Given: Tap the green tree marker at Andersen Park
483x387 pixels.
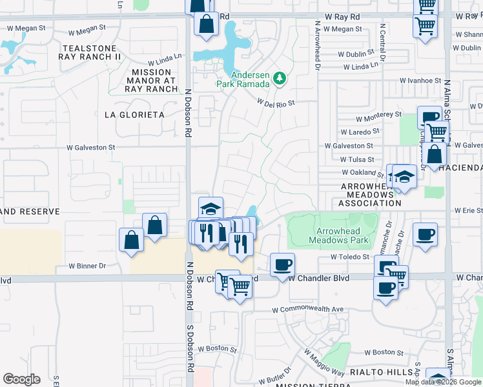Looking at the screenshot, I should tap(280, 78).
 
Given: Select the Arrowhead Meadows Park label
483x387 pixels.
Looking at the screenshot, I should tap(342, 235).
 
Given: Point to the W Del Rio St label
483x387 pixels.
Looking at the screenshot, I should tap(276, 102).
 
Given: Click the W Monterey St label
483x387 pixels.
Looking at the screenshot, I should tap(379, 117).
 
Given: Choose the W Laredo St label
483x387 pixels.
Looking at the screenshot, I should tap(362, 132).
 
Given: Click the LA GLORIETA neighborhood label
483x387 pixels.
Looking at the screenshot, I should tap(134, 114).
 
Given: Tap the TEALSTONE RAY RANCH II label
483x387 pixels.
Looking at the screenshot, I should tap(90, 52).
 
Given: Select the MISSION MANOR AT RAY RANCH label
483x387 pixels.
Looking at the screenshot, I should tap(154, 81).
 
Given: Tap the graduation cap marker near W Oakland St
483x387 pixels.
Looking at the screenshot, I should tap(404, 175).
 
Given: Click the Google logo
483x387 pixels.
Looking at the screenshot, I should tap(21, 379).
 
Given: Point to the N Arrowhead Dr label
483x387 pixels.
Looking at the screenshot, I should tap(318, 45).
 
